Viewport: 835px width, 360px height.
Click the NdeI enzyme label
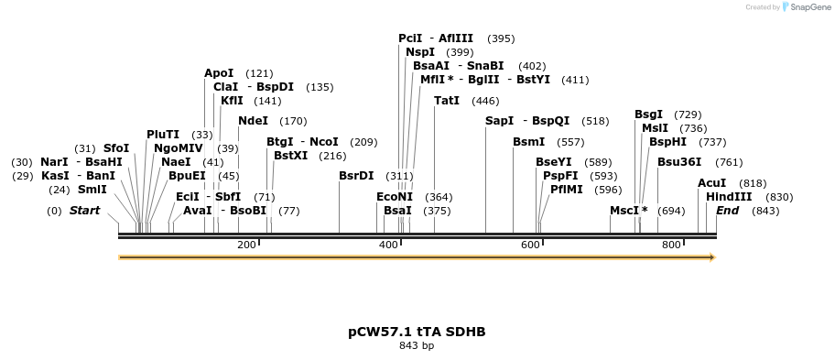[x=253, y=120]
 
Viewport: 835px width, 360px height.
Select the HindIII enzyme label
[x=729, y=197]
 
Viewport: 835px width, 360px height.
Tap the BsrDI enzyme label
[x=356, y=175]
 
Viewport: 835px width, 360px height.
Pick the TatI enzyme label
[x=447, y=101]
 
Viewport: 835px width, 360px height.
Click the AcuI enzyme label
[x=711, y=183]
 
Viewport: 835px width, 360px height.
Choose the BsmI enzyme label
[x=528, y=142]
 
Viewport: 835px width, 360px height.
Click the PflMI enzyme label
[x=566, y=189]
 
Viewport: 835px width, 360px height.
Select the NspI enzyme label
[x=420, y=52]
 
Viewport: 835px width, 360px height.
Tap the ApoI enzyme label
[x=219, y=73]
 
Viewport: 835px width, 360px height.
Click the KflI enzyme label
[x=232, y=101]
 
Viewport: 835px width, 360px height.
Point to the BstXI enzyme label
[x=290, y=156]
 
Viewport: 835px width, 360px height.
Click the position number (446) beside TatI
[x=485, y=101]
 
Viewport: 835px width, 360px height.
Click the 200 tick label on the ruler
[x=246, y=245]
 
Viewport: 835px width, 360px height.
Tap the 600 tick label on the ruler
[x=530, y=245]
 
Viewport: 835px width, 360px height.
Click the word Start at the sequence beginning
[x=85, y=211]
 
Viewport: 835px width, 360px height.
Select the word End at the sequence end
[x=727, y=211]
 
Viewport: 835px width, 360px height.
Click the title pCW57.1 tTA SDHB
[x=417, y=332]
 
